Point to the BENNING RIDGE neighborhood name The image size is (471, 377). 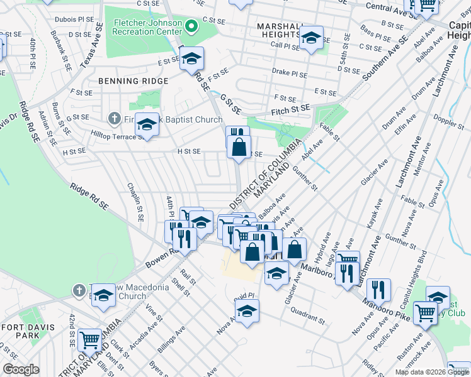[133, 81]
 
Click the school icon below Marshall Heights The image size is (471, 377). [310, 39]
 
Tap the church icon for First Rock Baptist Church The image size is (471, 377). [114, 117]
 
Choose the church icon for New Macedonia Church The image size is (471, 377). [79, 290]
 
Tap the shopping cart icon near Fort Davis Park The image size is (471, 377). [89, 340]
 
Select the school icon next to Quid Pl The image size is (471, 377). [247, 311]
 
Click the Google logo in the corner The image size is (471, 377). [21, 370]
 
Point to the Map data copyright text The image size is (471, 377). [431, 372]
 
